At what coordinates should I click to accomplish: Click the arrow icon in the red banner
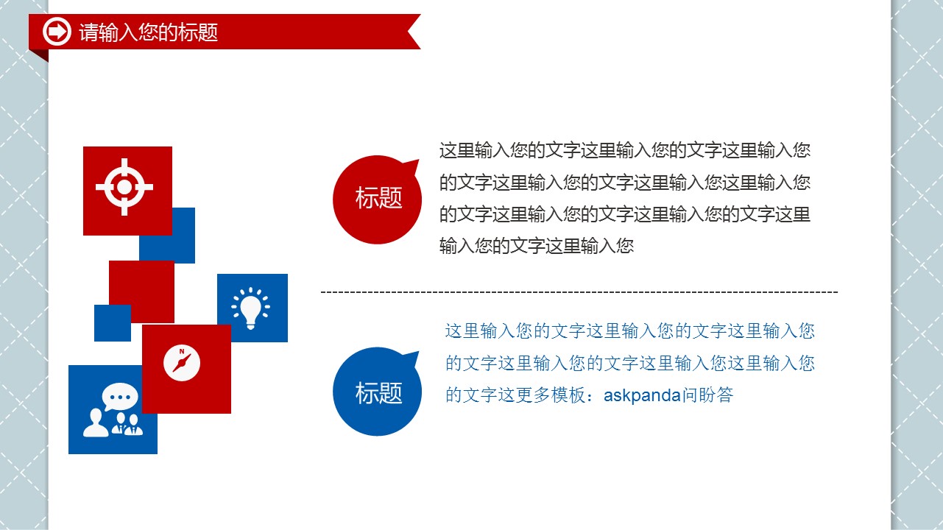point(57,31)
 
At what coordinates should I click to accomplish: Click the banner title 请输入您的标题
point(148,32)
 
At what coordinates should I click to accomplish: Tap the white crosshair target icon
point(124,187)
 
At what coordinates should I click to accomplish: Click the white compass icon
point(182,363)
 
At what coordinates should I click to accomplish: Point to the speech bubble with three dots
point(120,396)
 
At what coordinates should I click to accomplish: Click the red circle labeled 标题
point(377,199)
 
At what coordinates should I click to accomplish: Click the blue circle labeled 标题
point(377,392)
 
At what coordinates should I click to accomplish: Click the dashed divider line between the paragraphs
point(579,291)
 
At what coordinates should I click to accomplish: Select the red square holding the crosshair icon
point(127,191)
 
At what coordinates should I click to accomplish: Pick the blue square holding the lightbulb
point(252,308)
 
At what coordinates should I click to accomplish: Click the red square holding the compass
point(186,369)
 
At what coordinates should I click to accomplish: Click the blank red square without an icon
point(141,291)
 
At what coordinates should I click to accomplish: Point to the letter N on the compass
point(182,351)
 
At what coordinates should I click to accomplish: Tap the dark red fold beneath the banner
point(41,54)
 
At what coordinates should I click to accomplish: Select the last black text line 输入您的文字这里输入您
point(537,246)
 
